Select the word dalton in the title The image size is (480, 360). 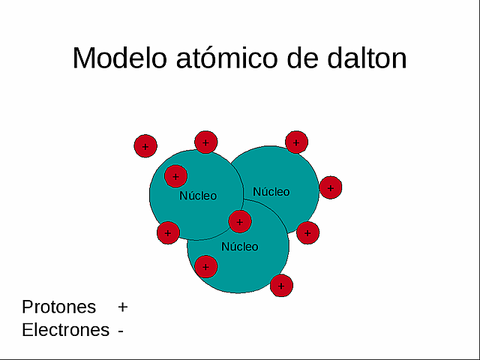(365, 58)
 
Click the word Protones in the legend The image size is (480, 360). (59, 307)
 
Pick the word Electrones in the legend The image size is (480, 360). (65, 330)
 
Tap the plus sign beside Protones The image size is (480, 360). (123, 307)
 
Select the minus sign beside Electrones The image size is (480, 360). (121, 331)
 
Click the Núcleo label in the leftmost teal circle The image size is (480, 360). (198, 196)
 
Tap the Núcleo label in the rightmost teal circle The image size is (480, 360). (271, 191)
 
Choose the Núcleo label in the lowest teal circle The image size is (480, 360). (239, 246)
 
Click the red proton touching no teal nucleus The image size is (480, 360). (145, 145)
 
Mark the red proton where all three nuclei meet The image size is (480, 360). (239, 221)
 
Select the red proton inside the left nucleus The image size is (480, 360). (175, 177)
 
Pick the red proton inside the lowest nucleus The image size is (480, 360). (205, 266)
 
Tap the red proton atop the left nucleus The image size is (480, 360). (205, 142)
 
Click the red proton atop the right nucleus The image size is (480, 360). (296, 142)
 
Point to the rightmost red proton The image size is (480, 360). (330, 187)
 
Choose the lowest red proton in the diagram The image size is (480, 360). (281, 285)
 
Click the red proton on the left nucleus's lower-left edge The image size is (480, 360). (168, 232)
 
